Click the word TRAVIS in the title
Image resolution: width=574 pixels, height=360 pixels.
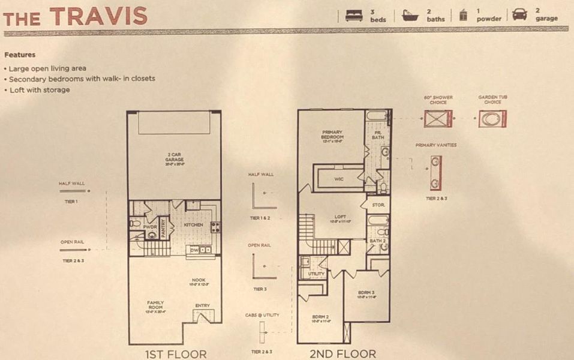99,16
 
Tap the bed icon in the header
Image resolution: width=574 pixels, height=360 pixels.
354,15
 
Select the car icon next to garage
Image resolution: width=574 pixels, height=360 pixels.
519,14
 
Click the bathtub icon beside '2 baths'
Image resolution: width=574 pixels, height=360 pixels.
411,15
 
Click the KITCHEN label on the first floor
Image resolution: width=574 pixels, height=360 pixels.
194,225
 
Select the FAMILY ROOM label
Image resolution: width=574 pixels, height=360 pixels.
155,305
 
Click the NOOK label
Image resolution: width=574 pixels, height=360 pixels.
199,280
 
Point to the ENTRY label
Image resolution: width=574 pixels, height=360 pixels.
202,305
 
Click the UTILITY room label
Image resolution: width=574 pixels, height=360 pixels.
316,274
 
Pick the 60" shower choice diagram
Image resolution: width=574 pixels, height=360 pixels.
438,118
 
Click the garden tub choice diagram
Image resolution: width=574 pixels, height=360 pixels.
492,118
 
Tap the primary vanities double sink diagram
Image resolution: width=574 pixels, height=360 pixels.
436,173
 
